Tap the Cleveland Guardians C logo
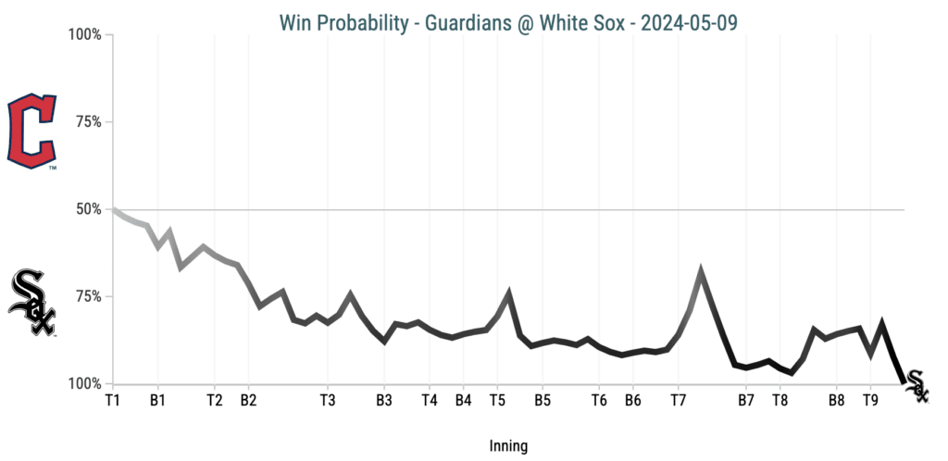[x=31, y=131]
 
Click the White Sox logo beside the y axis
[x=32, y=304]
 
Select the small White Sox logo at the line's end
[x=916, y=386]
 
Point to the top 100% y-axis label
[x=85, y=35]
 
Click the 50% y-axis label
[x=89, y=209]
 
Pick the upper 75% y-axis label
[x=89, y=122]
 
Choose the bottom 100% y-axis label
[x=85, y=383]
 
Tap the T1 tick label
[x=113, y=401]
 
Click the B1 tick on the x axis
[x=157, y=401]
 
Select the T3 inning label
[x=328, y=401]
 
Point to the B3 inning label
[x=384, y=401]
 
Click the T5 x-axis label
[x=497, y=401]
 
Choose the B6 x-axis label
[x=632, y=401]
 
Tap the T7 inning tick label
[x=678, y=401]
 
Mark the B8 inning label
[x=836, y=401]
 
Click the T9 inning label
[x=870, y=401]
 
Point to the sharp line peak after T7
[x=701, y=272]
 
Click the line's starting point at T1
[x=113, y=210]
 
